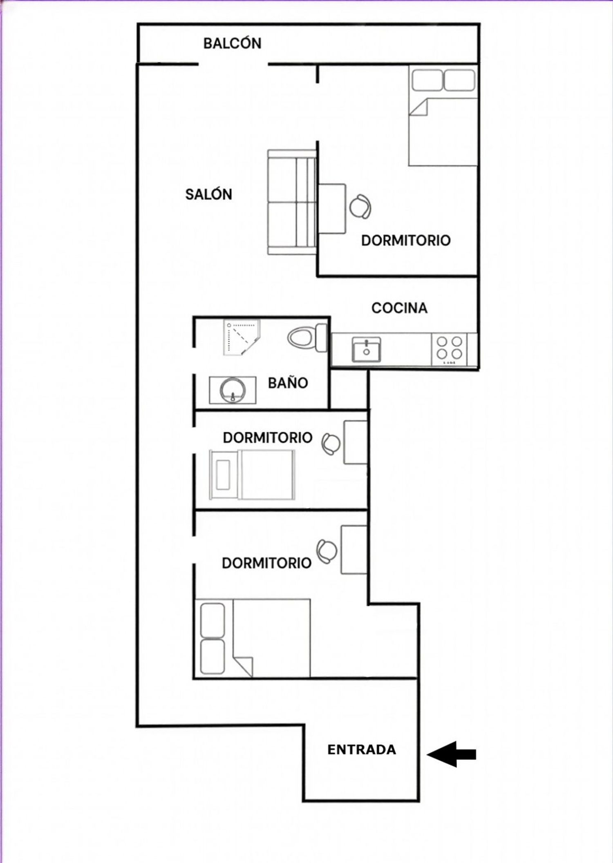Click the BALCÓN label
click(x=233, y=43)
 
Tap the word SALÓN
click(x=209, y=194)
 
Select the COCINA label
click(x=399, y=308)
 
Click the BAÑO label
click(x=288, y=383)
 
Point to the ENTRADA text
click(x=362, y=749)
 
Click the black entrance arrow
click(x=452, y=754)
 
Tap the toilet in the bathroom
click(x=307, y=338)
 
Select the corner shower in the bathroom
click(x=242, y=338)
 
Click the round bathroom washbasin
click(x=233, y=390)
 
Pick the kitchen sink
click(x=366, y=350)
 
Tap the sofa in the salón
click(x=292, y=202)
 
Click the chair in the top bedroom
click(x=360, y=207)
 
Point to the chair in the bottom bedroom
click(x=327, y=551)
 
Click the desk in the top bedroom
click(x=332, y=209)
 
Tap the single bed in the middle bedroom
click(x=252, y=475)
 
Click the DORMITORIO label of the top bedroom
click(x=406, y=240)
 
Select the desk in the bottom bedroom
click(x=354, y=550)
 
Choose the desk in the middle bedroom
click(x=356, y=442)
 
